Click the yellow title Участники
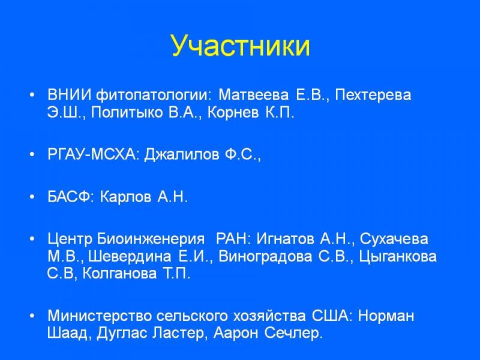[241, 47]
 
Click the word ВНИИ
[69, 95]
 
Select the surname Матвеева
[253, 95]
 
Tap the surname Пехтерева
[373, 95]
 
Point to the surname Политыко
[127, 112]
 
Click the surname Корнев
[233, 112]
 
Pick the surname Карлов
[125, 197]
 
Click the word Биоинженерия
[151, 239]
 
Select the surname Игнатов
[286, 239]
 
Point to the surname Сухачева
[394, 239]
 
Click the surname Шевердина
[130, 256]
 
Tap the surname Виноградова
[265, 256]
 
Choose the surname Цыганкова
[398, 256]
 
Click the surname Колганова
[119, 274]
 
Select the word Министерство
[100, 316]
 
